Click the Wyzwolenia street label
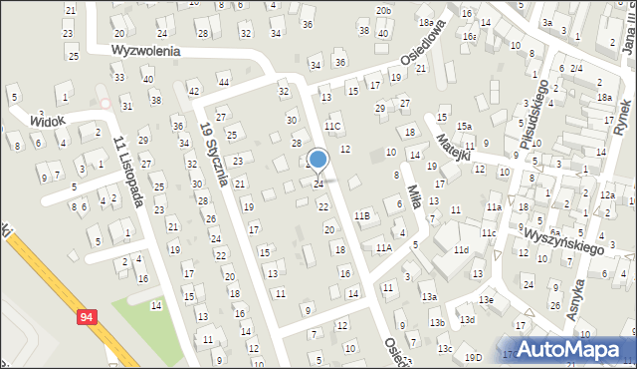coord(145,50)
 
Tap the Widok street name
coord(47,120)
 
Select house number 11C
coord(332,126)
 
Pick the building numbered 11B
coord(362,215)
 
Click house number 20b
coord(383,10)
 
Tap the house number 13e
coord(486,299)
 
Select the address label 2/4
coord(576,67)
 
